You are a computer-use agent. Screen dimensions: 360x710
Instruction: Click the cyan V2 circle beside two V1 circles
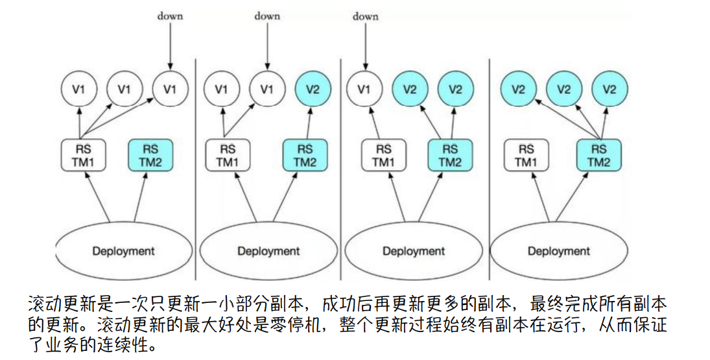(312, 89)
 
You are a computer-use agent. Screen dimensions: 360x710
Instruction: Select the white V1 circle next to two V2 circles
(364, 89)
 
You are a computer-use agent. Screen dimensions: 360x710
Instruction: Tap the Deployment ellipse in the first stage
(123, 250)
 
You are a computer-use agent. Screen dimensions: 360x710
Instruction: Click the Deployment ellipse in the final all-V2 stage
(558, 250)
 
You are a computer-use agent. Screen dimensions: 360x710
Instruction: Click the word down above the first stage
(170, 16)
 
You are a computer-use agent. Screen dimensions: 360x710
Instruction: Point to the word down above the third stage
(365, 16)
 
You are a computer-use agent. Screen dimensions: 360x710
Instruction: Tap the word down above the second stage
(266, 15)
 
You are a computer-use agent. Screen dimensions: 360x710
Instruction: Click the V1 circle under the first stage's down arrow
(170, 89)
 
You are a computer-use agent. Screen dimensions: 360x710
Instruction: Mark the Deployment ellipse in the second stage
(268, 250)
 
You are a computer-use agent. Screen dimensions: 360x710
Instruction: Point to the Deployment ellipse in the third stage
(413, 250)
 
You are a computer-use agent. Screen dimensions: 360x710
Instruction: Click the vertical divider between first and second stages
(196, 162)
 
